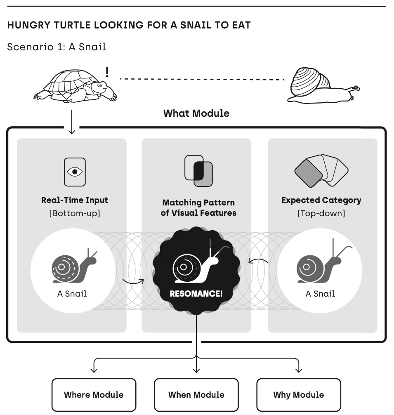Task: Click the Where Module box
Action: point(94,395)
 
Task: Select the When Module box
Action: point(196,395)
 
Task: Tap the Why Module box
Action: point(298,395)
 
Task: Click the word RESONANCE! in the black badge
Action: point(196,294)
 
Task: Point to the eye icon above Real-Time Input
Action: point(75,172)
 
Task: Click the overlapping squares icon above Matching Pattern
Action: point(198,171)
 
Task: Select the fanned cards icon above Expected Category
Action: point(321,171)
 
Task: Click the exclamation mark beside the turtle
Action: point(107,72)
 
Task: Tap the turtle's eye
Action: point(99,85)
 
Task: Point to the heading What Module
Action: point(196,113)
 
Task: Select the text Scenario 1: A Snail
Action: point(57,47)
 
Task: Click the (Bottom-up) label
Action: point(75,213)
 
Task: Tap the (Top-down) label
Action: point(321,213)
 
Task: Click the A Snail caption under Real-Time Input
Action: point(72,294)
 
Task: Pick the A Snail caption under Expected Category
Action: point(320,294)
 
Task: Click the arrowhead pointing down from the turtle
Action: point(71,132)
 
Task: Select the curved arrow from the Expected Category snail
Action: point(258,260)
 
